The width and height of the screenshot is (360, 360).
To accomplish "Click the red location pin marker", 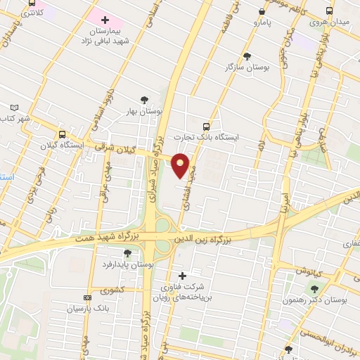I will click(x=181, y=165).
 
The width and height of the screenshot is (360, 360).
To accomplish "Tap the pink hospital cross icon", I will click(x=105, y=21).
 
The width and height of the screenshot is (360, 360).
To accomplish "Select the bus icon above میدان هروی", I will click(x=330, y=11).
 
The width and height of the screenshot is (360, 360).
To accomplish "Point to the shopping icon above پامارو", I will click(x=262, y=12).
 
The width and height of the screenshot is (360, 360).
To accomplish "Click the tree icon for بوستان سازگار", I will click(x=246, y=56).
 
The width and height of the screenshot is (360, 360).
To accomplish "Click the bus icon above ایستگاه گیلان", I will click(x=63, y=134).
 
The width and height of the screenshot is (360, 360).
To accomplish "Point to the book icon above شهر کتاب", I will click(x=14, y=108).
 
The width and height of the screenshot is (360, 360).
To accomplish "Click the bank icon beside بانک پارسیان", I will click(x=87, y=298).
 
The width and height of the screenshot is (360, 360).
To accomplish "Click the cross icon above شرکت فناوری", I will click(x=182, y=276).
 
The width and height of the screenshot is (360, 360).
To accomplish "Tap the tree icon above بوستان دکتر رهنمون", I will click(x=314, y=289).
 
